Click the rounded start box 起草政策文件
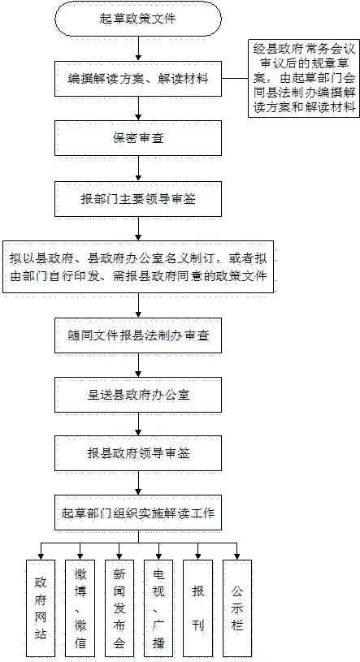point(138,19)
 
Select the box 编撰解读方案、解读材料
point(138,79)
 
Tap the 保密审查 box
point(138,138)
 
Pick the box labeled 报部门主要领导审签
point(138,199)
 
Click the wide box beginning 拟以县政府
point(138,266)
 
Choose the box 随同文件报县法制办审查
point(138,335)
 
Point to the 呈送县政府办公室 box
point(138,395)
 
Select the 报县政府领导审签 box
point(138,454)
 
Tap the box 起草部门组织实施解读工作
point(138,513)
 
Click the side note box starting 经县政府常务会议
point(304,78)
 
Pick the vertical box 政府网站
point(41,608)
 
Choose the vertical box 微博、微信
point(80,608)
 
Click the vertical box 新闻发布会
point(119,608)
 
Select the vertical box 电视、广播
point(158,608)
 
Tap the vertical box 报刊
point(197,608)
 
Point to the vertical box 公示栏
point(237,608)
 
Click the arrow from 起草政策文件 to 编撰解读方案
point(138,49)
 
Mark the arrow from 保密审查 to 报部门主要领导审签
point(138,168)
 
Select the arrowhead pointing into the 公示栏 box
point(237,556)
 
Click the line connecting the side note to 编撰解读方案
point(235,79)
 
